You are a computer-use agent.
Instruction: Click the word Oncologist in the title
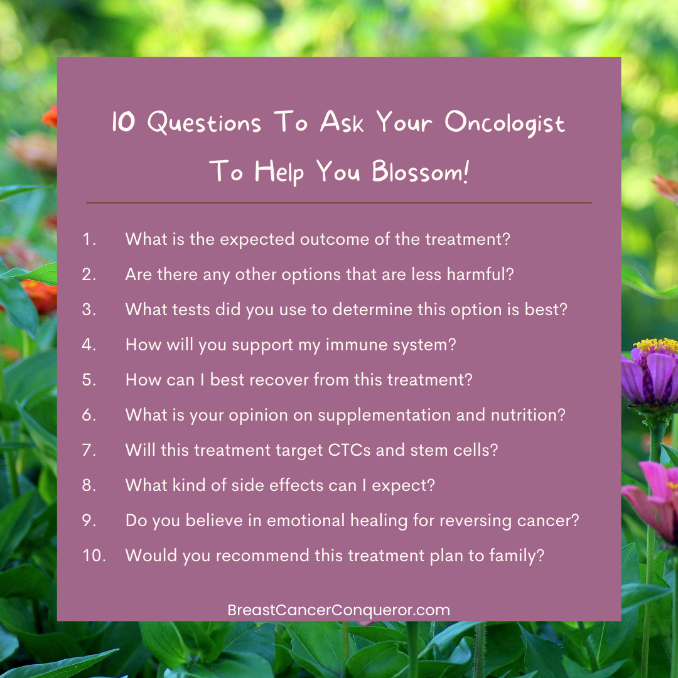click(505, 123)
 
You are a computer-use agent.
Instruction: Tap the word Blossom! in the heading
click(420, 172)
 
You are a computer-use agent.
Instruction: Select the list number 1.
click(89, 239)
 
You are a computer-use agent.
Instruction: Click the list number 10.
click(94, 555)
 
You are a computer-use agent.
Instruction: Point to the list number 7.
click(89, 450)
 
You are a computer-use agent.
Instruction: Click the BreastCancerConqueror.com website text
click(338, 610)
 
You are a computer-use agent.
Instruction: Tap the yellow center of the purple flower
click(655, 345)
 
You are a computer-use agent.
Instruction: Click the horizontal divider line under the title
click(338, 202)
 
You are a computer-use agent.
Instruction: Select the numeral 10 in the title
click(124, 122)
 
